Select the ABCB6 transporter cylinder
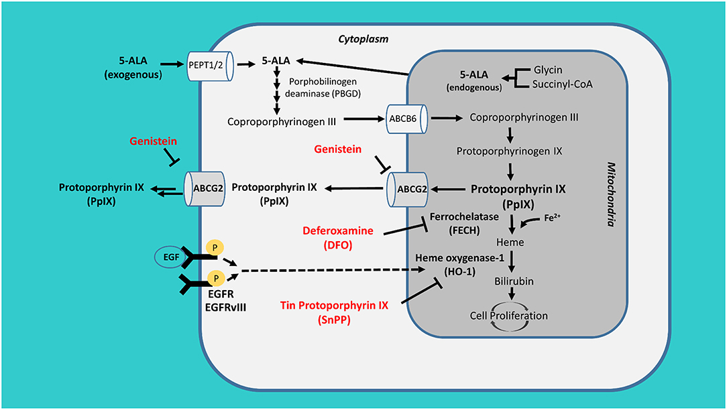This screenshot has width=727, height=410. coord(407,119)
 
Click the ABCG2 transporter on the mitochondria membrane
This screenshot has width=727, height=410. coord(409,190)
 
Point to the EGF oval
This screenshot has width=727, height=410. coord(169,257)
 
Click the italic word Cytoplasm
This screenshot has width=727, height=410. coord(363,40)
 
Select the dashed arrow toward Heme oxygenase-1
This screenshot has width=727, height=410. coord(335,271)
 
